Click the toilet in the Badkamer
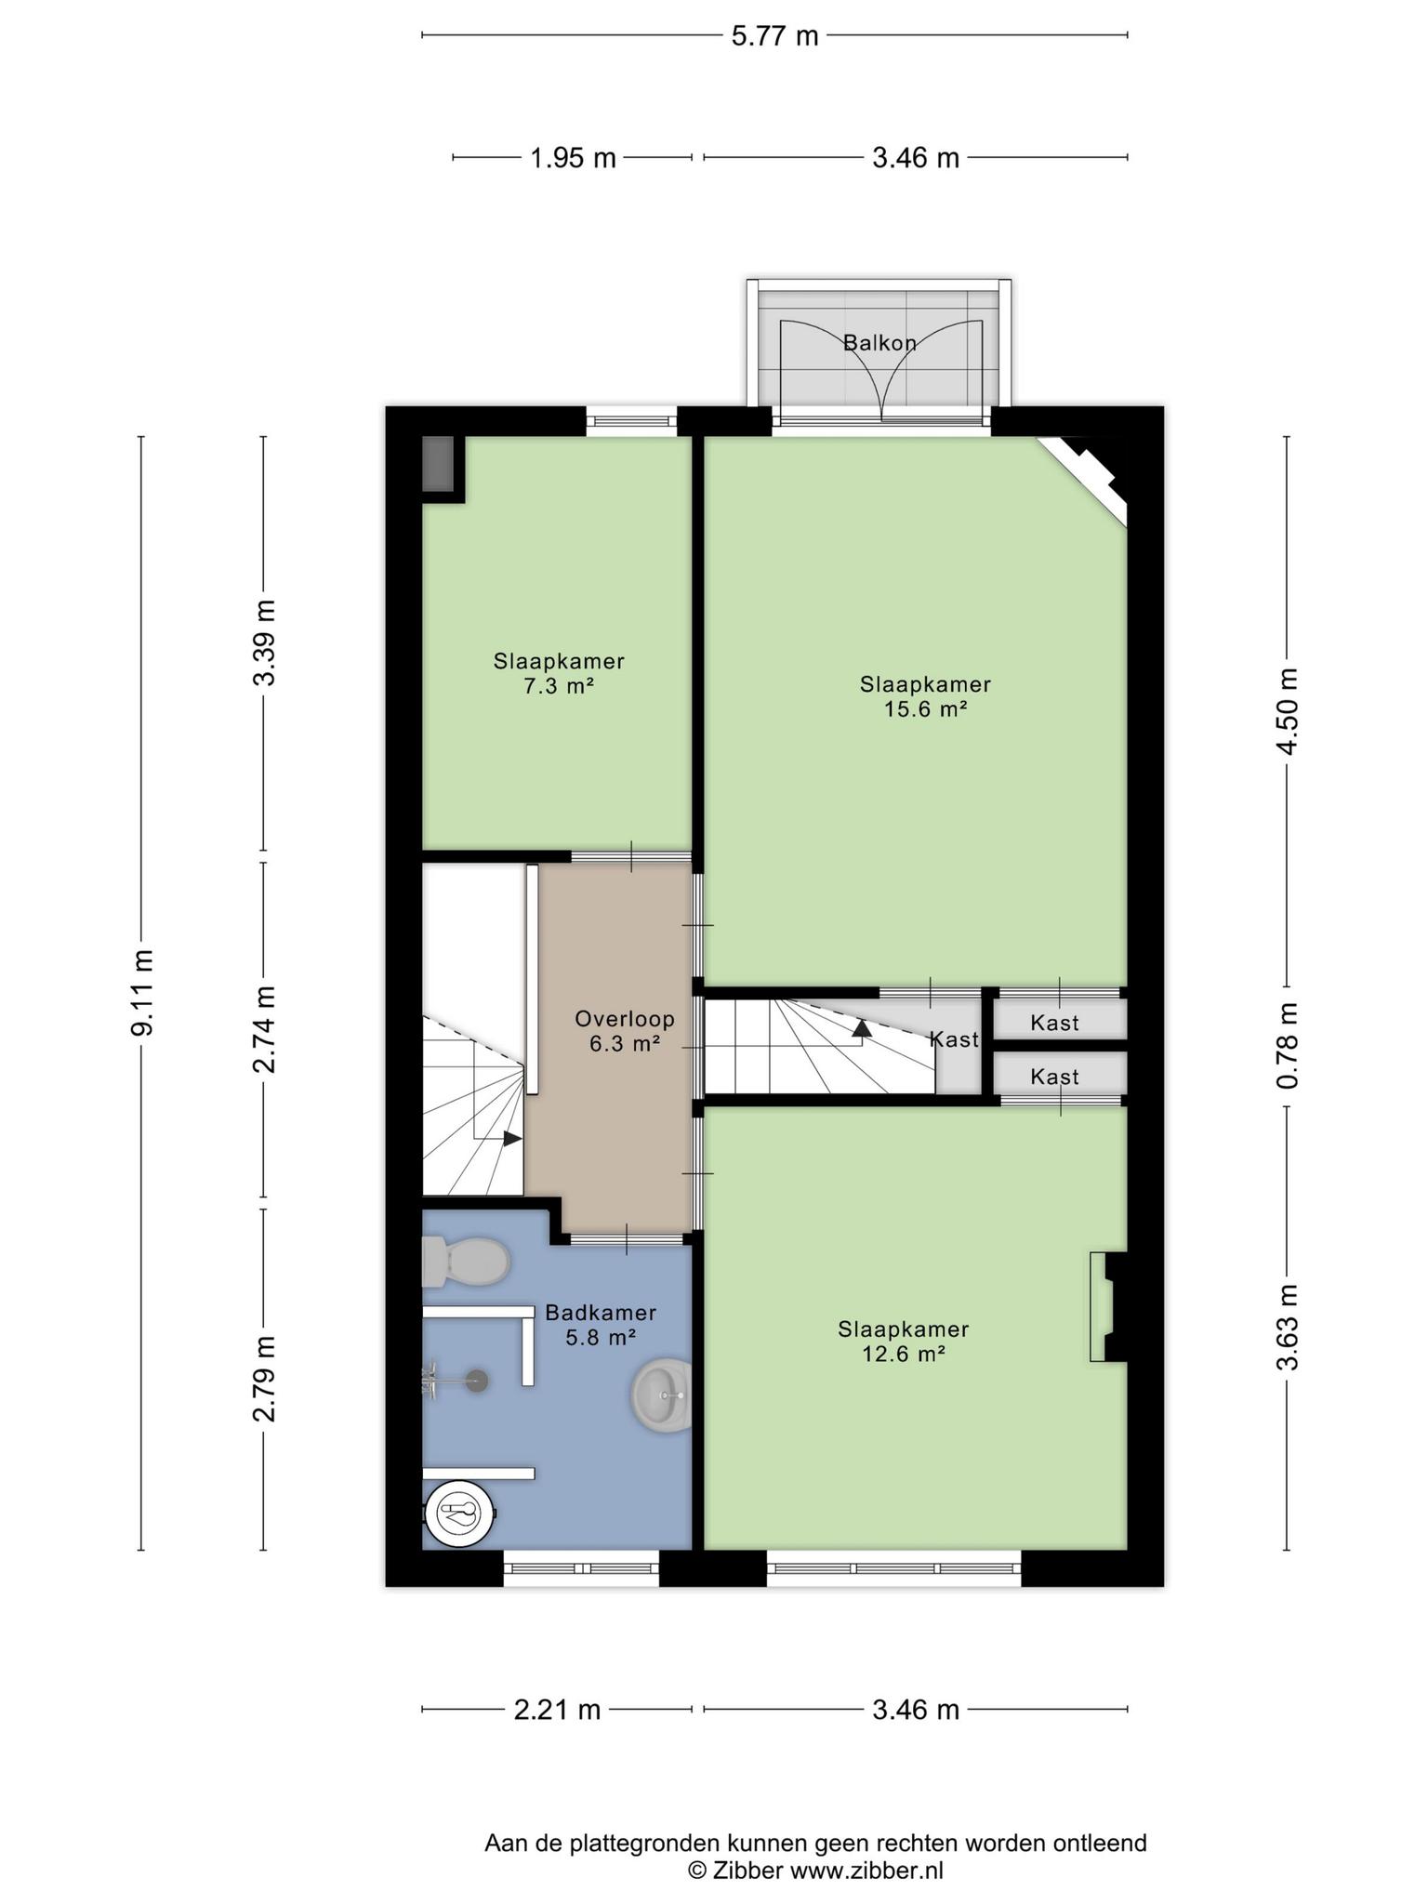(465, 1262)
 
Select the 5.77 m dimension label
(774, 36)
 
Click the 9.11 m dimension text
(142, 993)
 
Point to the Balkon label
(879, 343)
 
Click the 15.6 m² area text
(925, 709)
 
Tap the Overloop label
(625, 1019)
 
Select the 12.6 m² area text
(904, 1355)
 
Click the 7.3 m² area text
(559, 687)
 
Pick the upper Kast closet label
(1055, 1024)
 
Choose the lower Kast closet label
(1055, 1078)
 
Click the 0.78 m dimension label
(1288, 1046)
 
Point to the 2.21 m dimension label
(557, 1710)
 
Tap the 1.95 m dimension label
(573, 158)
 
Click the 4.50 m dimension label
(1288, 712)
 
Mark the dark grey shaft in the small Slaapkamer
(438, 464)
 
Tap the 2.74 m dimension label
(265, 1029)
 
